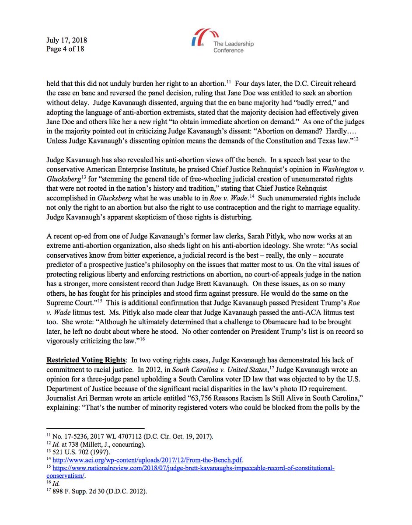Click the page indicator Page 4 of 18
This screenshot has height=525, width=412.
[x=65, y=49]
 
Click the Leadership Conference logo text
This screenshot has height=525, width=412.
[x=233, y=47]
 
